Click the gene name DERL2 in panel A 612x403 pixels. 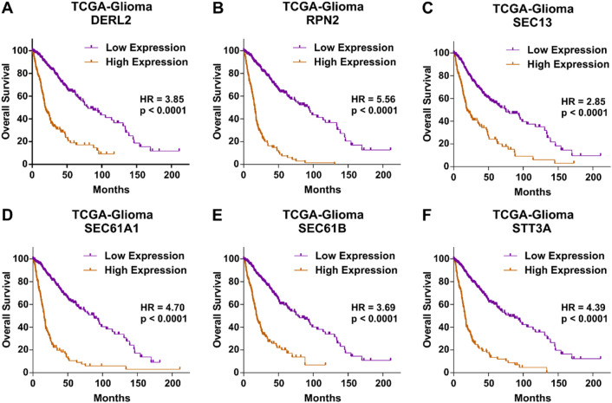click(111, 20)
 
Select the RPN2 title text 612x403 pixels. click(322, 20)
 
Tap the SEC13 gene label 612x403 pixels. click(532, 23)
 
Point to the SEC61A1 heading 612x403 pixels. click(111, 228)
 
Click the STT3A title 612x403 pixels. click(532, 228)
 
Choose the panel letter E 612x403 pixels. click(218, 215)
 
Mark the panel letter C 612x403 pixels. click(427, 8)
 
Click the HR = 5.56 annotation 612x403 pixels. click(374, 99)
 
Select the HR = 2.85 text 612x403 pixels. click(583, 101)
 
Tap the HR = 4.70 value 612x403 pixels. click(163, 307)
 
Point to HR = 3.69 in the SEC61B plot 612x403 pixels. click(374, 307)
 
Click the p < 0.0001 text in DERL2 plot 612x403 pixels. click(163, 111)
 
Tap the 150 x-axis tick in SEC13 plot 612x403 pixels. click(558, 178)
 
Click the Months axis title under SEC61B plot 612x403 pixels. click(322, 398)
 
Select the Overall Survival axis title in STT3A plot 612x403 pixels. click(427, 310)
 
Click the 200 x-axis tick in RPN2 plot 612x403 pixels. click(383, 175)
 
